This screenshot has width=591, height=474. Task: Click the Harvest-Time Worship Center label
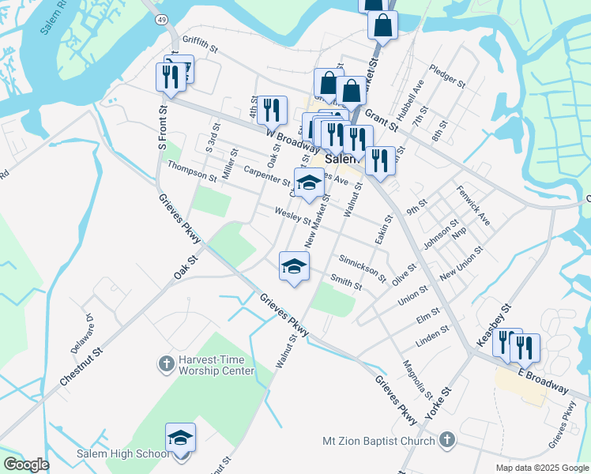[x=216, y=364]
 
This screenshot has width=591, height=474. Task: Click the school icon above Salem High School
[x=180, y=438]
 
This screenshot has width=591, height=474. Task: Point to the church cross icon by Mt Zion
[x=446, y=439]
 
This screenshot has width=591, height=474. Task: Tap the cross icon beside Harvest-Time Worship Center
[x=166, y=364]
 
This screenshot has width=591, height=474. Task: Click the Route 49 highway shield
[x=161, y=19]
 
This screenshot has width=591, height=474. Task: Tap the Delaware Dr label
[x=85, y=329]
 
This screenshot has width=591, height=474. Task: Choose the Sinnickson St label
[x=361, y=268]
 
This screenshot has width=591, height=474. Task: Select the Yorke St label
[x=437, y=403]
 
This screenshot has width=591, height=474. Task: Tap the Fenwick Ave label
[x=473, y=205]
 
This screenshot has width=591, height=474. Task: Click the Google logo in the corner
[x=26, y=465]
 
